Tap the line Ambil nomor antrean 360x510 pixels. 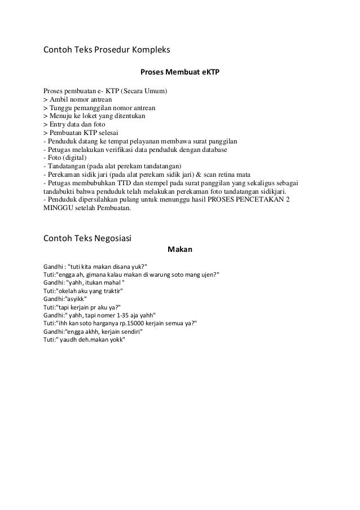click(x=79, y=99)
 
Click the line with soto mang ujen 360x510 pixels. click(x=131, y=274)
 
